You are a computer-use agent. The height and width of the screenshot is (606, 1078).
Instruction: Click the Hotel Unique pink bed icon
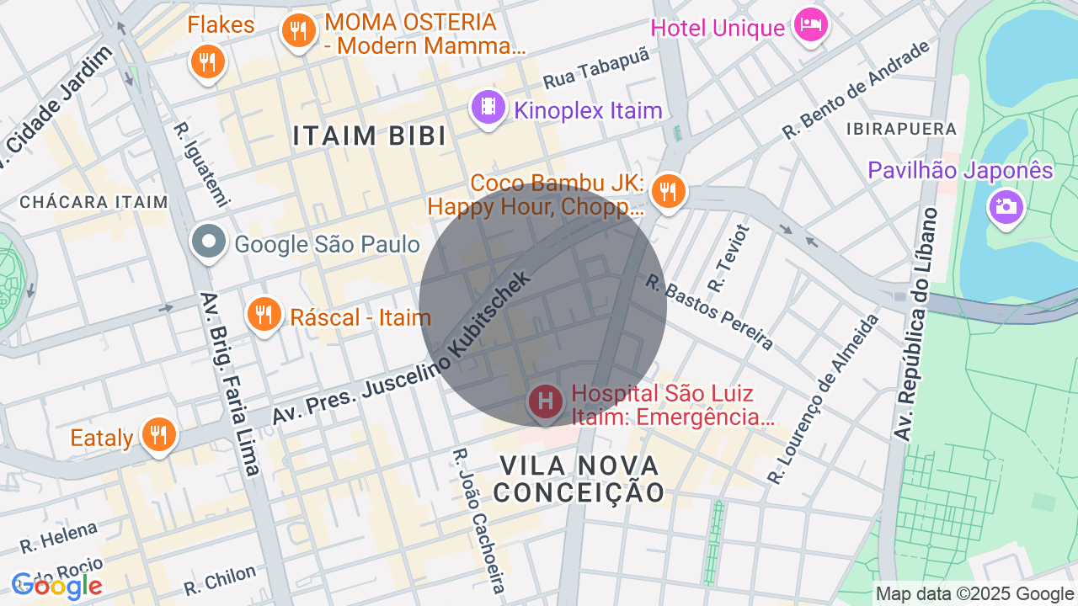[810, 25]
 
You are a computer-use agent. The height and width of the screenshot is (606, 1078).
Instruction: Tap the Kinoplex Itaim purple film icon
[488, 108]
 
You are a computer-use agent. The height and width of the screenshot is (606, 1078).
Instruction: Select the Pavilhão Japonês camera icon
[1006, 205]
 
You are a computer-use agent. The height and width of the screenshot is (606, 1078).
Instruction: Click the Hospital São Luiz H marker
[545, 401]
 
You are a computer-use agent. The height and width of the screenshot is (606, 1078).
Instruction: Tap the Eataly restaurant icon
[158, 435]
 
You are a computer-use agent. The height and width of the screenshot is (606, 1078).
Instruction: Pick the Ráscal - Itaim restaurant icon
[264, 316]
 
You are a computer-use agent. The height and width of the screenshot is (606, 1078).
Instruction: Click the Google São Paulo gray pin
[208, 243]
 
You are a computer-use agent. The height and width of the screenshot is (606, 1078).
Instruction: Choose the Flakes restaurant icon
[206, 61]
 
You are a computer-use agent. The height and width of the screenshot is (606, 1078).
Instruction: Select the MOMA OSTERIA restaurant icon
[297, 31]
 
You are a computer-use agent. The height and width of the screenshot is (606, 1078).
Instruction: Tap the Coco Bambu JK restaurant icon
[669, 189]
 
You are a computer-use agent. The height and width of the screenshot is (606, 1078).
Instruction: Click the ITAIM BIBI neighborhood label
[370, 136]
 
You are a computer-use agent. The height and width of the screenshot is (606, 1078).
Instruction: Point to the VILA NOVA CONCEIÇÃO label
[579, 478]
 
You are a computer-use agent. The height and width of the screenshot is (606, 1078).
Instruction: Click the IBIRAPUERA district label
[902, 130]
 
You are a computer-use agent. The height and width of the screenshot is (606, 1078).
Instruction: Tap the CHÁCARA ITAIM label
[93, 202]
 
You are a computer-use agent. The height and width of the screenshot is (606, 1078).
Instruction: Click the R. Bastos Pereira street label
[709, 311]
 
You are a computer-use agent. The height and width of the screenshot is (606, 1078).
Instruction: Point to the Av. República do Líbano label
[916, 324]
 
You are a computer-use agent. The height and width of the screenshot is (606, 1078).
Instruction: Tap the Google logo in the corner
[56, 586]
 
